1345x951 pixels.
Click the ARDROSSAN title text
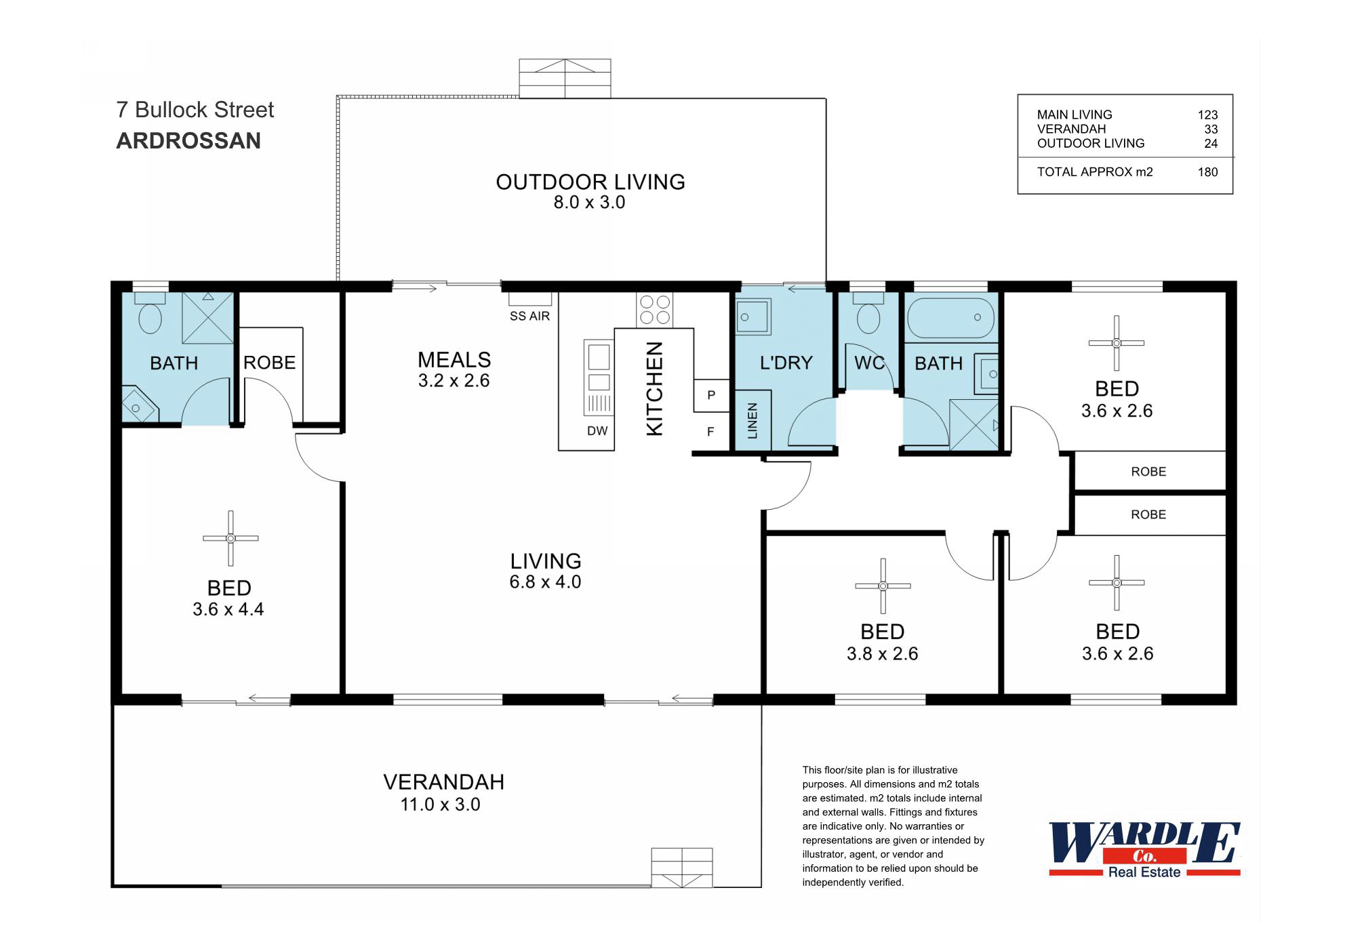[188, 141]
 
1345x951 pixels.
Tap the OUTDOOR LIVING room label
[590, 182]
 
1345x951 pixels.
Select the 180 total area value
[1207, 172]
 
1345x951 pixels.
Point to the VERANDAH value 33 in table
[1211, 129]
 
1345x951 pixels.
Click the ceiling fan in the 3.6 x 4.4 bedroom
[230, 538]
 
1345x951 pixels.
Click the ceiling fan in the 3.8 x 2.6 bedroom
[883, 586]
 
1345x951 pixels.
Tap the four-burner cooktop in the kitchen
[655, 310]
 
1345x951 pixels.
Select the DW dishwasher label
[597, 431]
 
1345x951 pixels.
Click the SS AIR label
[529, 317]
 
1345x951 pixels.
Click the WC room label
[869, 363]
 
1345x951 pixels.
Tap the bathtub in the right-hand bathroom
[950, 318]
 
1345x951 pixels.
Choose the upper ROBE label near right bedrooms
[1148, 472]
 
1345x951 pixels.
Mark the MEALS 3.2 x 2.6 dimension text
[454, 381]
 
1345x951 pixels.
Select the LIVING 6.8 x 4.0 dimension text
[545, 582]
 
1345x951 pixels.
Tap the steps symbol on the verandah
[682, 868]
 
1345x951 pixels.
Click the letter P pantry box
[710, 395]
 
